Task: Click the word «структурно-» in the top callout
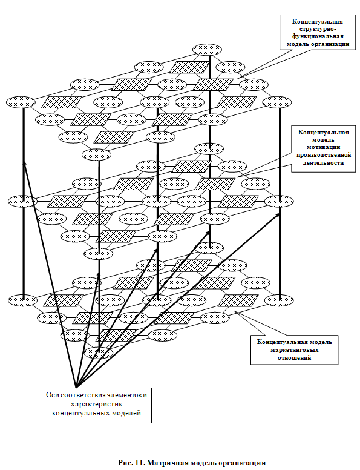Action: [318, 29]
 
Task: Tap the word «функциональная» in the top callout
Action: [318, 36]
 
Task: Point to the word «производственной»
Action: [324, 155]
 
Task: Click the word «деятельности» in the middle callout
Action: [324, 163]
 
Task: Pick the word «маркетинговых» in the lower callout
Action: [295, 350]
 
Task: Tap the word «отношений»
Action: [295, 357]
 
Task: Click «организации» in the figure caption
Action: [246, 463]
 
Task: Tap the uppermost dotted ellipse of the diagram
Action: [208, 50]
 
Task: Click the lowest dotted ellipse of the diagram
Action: [99, 352]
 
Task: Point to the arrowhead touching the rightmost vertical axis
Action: [277, 215]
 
